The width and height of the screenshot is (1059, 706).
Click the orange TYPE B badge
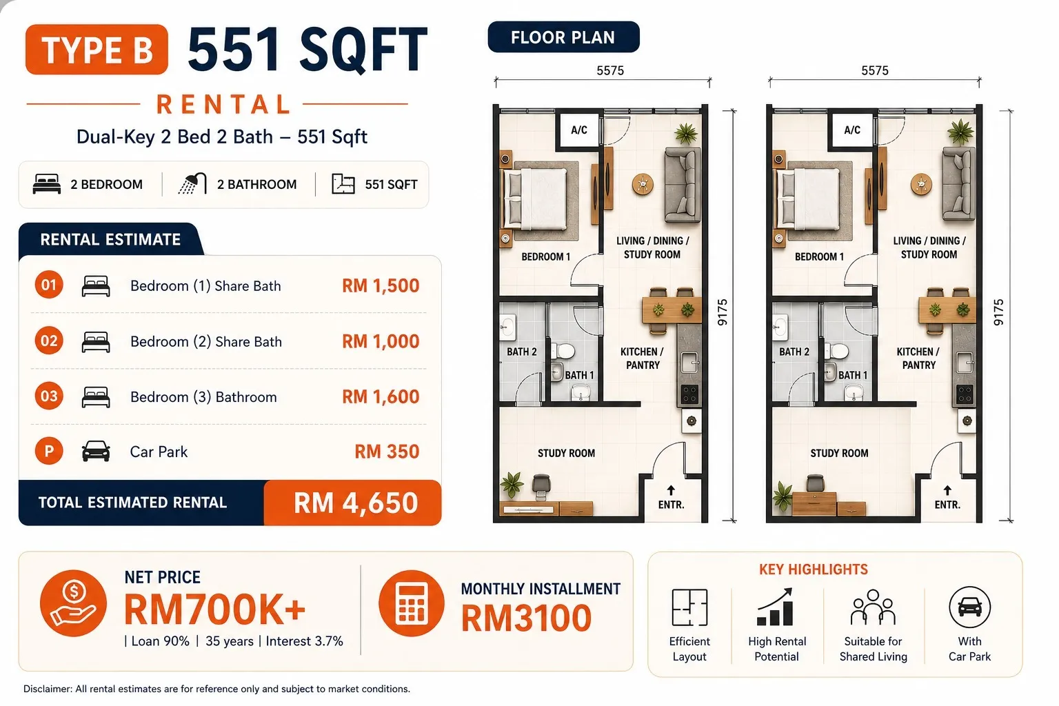click(97, 50)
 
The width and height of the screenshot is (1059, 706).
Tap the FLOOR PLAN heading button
click(563, 37)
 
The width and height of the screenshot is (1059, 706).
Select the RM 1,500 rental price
click(381, 285)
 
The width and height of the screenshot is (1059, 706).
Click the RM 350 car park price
click(387, 452)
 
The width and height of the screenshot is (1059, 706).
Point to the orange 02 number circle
click(49, 341)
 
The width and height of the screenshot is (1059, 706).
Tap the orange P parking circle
click(49, 451)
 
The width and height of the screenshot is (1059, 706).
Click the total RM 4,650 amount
click(356, 503)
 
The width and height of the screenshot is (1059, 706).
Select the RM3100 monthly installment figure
click(526, 618)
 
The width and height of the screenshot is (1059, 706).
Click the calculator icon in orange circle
click(412, 603)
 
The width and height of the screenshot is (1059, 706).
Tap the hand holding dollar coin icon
click(73, 603)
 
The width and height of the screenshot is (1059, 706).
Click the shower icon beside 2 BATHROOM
click(193, 183)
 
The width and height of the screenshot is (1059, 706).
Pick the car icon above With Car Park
click(969, 607)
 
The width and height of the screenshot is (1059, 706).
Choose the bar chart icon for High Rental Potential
click(776, 607)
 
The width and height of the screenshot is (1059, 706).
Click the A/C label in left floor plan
click(579, 130)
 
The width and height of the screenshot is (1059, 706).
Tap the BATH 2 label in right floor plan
click(794, 352)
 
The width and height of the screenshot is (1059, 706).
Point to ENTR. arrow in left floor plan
click(671, 490)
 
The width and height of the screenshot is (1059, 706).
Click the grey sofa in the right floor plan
click(958, 184)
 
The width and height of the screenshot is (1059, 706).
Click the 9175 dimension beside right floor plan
click(998, 312)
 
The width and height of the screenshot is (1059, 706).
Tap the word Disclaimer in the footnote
click(48, 689)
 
